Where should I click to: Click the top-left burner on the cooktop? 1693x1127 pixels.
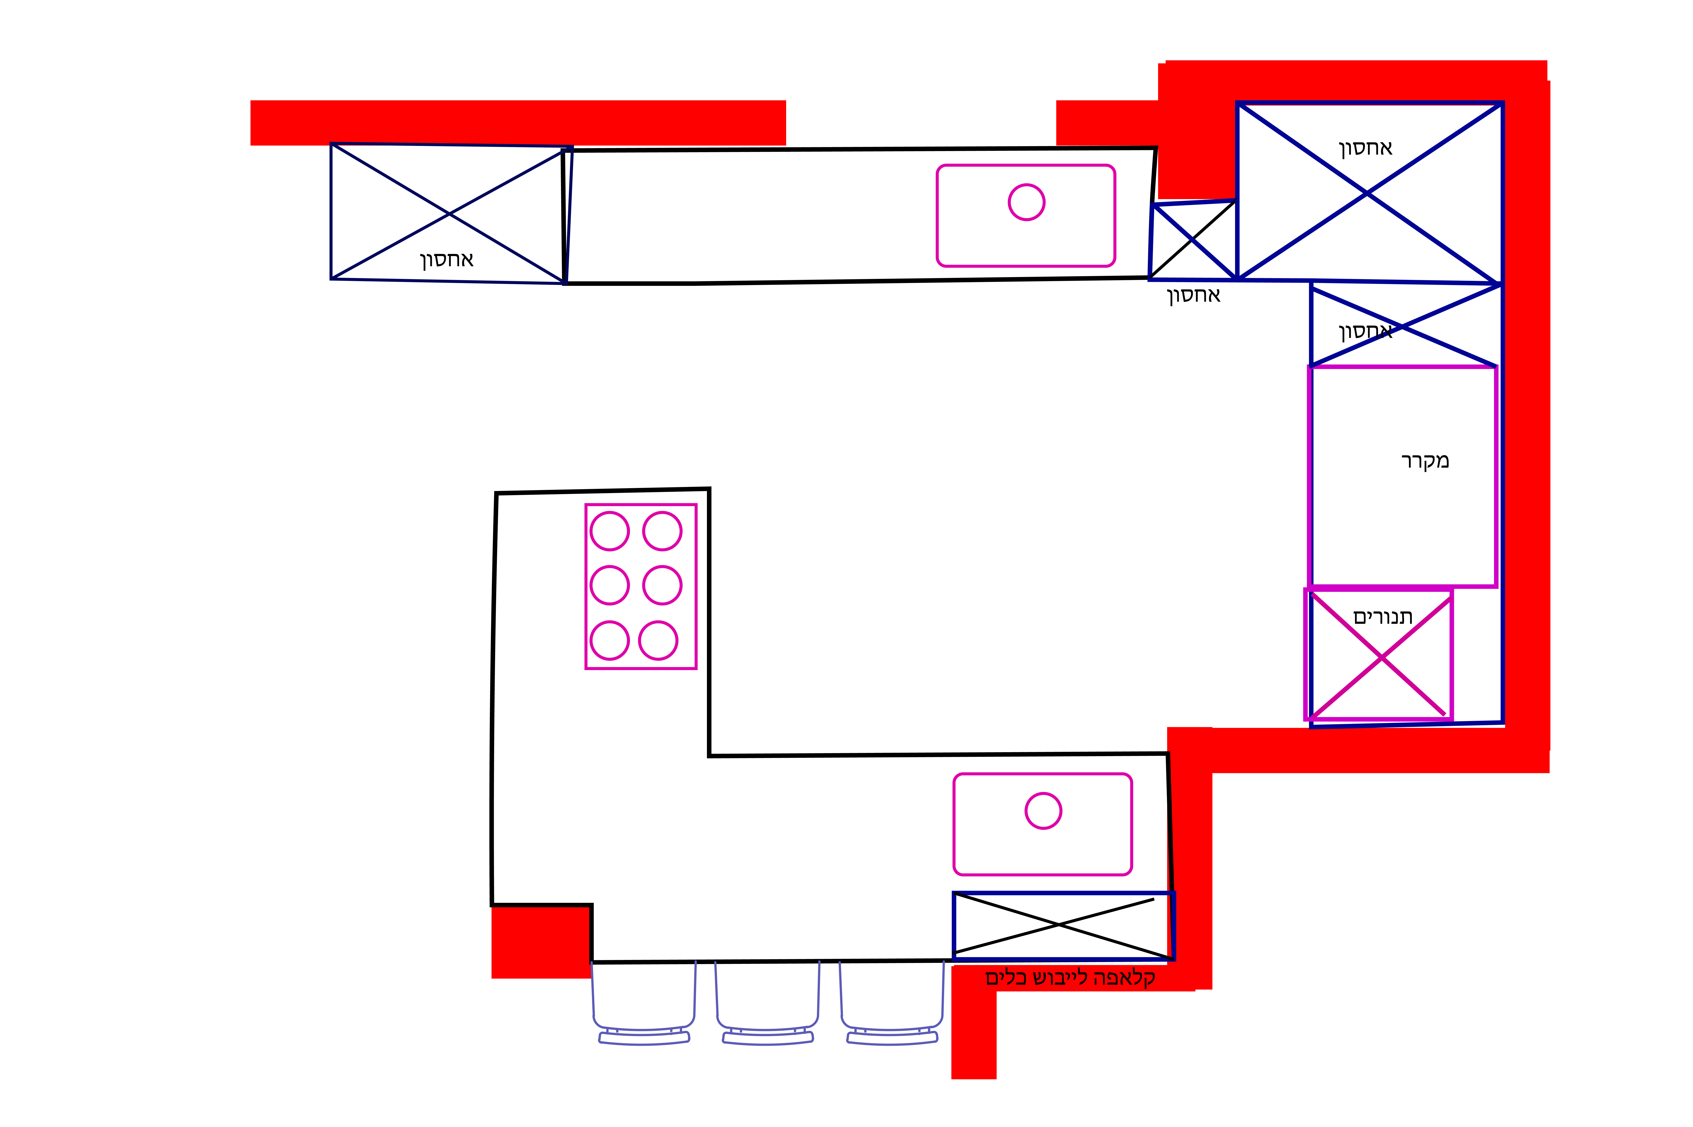pos(610,531)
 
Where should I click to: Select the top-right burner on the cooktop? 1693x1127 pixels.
pos(662,531)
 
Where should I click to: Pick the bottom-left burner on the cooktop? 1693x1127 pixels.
pos(610,640)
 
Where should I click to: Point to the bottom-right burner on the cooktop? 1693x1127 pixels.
pos(658,640)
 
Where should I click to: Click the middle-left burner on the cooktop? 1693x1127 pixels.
pos(610,585)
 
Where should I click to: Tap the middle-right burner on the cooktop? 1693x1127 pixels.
pos(662,585)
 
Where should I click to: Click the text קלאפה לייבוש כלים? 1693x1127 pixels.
pos(1070,977)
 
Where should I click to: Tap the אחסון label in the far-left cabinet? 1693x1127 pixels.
pos(446,259)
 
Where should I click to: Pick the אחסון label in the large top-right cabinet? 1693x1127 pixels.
pos(1365,148)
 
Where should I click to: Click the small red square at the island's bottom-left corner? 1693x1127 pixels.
pos(541,942)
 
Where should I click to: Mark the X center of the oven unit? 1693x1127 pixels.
pos(1381,657)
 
